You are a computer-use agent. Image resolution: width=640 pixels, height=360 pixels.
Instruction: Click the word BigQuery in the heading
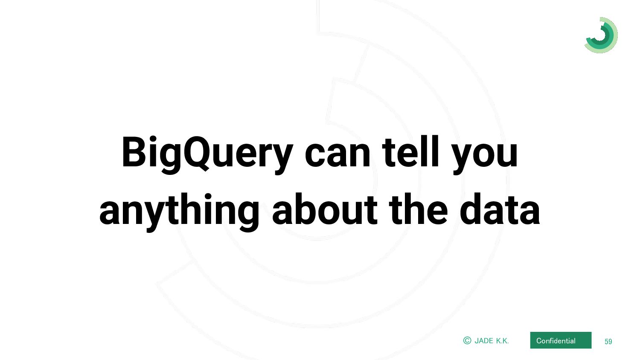[x=207, y=154]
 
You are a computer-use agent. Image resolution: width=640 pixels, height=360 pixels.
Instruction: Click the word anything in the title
[x=179, y=212]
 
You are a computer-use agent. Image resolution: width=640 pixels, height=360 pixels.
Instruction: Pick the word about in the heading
[x=325, y=209]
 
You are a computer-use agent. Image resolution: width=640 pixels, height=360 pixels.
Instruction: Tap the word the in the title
[x=419, y=209]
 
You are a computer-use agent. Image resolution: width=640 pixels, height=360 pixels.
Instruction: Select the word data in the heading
[x=500, y=209]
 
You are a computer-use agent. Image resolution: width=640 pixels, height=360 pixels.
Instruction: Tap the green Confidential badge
[x=561, y=340]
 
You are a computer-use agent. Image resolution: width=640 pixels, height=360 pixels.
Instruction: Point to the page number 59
[x=608, y=341]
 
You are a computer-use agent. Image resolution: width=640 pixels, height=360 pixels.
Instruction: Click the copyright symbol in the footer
[x=467, y=340]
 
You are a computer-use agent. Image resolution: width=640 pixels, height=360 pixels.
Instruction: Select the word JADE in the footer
[x=484, y=341]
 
